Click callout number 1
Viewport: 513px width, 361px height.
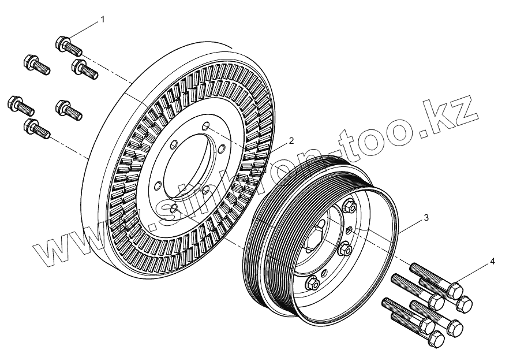(x=103, y=19)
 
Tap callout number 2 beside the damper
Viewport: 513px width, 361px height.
(x=291, y=140)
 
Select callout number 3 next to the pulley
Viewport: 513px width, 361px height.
(x=426, y=218)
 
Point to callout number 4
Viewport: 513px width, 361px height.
(x=492, y=261)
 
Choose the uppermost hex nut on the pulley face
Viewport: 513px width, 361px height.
(x=350, y=206)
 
